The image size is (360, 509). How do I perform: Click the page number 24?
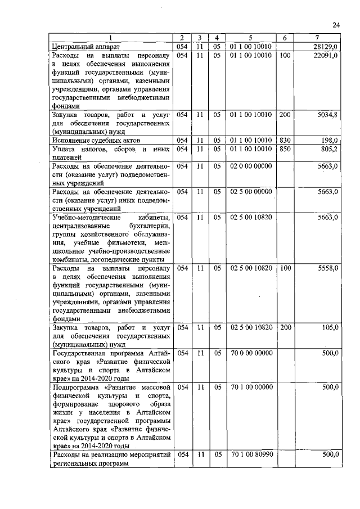click(x=336, y=25)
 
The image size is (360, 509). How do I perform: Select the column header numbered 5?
click(x=251, y=38)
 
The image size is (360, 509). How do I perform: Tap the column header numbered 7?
click(x=318, y=38)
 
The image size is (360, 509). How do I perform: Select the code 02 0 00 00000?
click(x=251, y=166)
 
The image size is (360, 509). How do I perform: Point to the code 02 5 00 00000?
click(x=251, y=192)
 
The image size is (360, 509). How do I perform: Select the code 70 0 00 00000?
click(x=251, y=353)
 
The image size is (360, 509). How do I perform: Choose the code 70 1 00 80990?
click(x=251, y=454)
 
